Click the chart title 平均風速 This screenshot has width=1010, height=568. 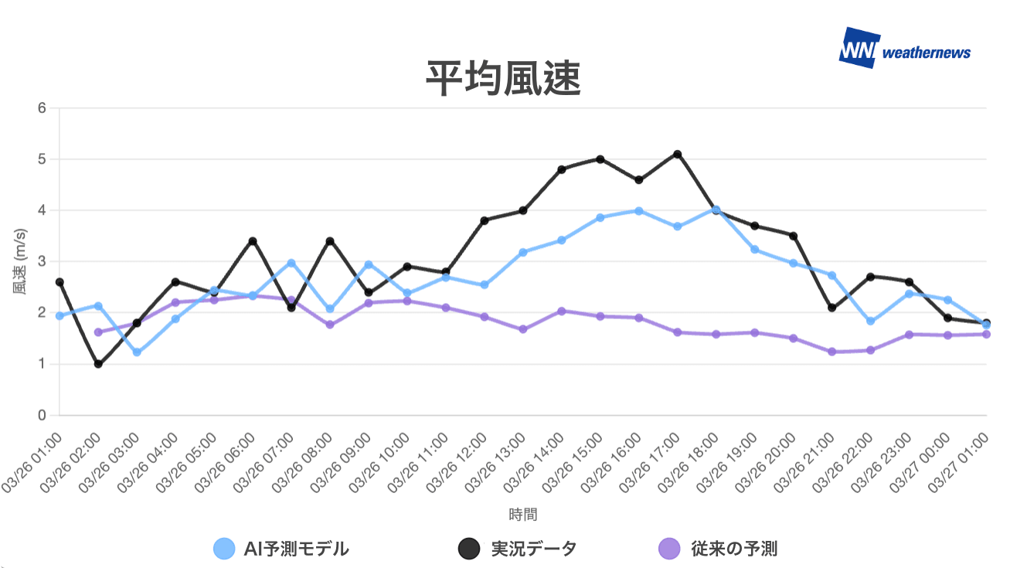(x=503, y=79)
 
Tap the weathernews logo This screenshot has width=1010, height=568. (x=904, y=51)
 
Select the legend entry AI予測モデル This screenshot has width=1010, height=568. (x=281, y=549)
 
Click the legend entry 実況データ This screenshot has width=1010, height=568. (x=517, y=549)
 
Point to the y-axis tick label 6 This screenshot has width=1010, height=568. (x=42, y=108)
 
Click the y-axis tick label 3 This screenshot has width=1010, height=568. (x=42, y=262)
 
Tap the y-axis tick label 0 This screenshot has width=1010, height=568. (x=42, y=416)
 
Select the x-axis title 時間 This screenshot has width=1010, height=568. (x=522, y=514)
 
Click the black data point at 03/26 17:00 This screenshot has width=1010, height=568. (x=678, y=155)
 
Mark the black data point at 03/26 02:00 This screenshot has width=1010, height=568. (x=98, y=364)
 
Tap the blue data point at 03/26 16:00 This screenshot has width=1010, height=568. (x=639, y=210)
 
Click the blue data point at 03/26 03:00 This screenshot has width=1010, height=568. (x=137, y=352)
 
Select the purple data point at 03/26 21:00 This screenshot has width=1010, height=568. (x=832, y=352)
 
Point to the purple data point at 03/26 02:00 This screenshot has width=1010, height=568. (x=98, y=332)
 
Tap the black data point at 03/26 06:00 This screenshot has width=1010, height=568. (x=253, y=241)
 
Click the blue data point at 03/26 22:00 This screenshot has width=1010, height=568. (x=871, y=321)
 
